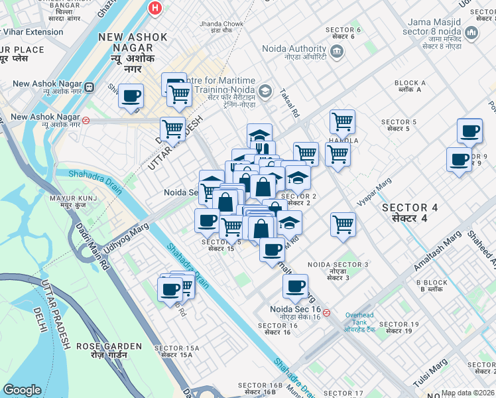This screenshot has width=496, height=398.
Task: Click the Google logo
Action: coord(22,390)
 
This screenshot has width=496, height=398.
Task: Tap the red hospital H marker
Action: coord(155,8)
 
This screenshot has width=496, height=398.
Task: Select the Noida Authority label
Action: coord(294,48)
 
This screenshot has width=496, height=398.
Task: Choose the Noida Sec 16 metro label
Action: coord(295,310)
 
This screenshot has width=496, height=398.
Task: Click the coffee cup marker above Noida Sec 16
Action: coord(295,287)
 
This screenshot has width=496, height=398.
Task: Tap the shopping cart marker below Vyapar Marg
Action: coord(343,224)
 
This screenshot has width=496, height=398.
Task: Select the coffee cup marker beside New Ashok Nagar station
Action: coord(131,96)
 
